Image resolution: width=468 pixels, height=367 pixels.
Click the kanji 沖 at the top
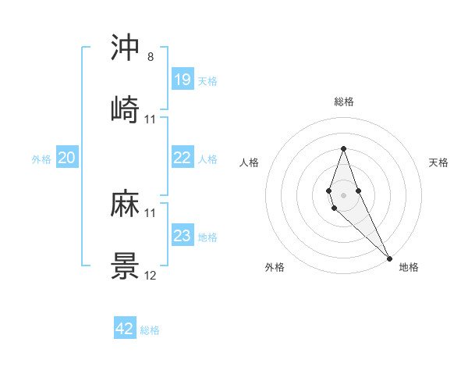125,48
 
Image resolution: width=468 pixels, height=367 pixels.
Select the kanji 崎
125,109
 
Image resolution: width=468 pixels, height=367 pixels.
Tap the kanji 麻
125,205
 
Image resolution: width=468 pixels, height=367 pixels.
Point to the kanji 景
125,266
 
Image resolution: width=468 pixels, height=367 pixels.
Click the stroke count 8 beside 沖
150,58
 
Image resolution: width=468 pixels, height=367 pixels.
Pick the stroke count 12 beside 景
151,276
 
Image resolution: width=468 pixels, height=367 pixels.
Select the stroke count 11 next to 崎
151,119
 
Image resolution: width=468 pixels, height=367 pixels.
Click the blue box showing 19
182,80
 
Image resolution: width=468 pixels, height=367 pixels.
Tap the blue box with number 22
182,158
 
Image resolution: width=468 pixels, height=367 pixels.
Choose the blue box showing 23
182,236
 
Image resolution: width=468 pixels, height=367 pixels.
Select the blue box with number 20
66,159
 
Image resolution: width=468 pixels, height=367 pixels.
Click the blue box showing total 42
125,329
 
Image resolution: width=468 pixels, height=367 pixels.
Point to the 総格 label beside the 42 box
150,330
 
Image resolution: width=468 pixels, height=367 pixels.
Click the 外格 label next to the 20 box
41,159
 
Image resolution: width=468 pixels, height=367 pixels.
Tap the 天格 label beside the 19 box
207,80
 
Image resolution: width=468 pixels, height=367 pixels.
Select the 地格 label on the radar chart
409,267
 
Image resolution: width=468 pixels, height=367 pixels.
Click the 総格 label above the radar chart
343,102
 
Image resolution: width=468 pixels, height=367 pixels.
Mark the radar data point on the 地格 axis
388,257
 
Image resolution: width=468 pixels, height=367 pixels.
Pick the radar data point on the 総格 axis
343,148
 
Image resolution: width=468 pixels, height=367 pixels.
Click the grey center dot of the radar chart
343,194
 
